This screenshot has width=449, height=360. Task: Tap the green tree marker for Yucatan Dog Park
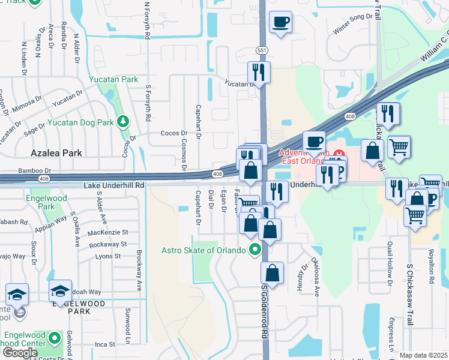(123, 122)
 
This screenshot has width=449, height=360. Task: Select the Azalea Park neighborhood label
(58, 154)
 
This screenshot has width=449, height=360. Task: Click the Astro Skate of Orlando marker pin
(255, 248)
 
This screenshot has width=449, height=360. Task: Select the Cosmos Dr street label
(184, 150)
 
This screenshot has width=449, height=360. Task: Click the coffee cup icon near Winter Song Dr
(280, 23)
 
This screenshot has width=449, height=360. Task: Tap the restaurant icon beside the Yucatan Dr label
(259, 73)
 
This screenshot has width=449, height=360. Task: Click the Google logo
(20, 353)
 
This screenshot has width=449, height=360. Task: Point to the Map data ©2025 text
(423, 355)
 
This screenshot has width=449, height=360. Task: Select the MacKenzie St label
(108, 232)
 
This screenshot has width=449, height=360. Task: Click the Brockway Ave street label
(139, 268)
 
